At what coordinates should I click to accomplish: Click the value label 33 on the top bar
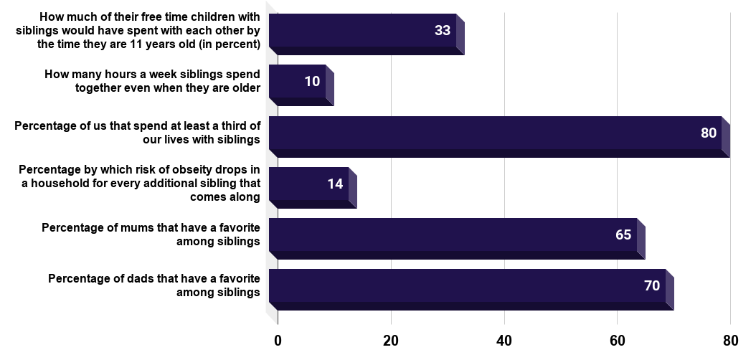(442, 30)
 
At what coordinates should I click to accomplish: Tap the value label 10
(312, 81)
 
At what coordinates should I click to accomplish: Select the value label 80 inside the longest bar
(709, 133)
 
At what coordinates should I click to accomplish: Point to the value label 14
(335, 184)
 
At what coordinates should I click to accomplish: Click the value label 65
(623, 235)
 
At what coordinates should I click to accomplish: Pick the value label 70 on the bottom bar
(652, 285)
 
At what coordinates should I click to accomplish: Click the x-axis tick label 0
(278, 340)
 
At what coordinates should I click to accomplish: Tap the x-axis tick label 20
(391, 340)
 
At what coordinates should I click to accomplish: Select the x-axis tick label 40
(504, 340)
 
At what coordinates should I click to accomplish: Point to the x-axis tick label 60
(618, 340)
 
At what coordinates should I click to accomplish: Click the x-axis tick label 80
(730, 340)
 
